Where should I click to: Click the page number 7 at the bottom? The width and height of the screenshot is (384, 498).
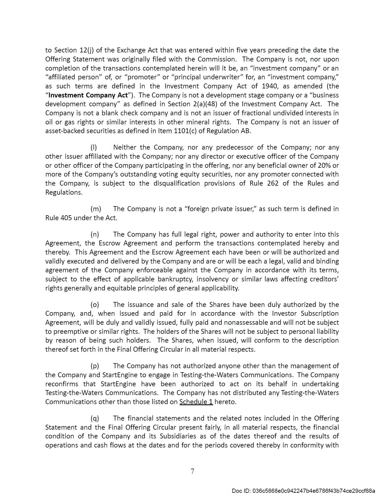pos(192,471)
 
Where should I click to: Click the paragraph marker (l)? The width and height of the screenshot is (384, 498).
pos(94,147)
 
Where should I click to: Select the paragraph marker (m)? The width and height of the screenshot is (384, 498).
pos(96,209)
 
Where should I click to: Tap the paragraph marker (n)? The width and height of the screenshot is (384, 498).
pos(95,234)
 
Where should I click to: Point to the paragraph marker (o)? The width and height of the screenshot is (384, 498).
pos(95,305)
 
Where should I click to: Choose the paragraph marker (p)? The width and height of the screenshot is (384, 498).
pos(95,366)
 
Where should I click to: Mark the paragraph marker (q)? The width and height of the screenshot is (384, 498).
pos(95,418)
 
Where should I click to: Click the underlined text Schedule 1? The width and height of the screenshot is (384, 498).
pos(196,402)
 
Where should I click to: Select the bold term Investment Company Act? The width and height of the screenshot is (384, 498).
pos(88,95)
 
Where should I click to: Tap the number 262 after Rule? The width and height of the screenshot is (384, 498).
pos(273,183)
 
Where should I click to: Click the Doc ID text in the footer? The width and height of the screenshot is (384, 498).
pos(303,491)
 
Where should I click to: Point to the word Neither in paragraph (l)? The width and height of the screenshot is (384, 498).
pos(125,147)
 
